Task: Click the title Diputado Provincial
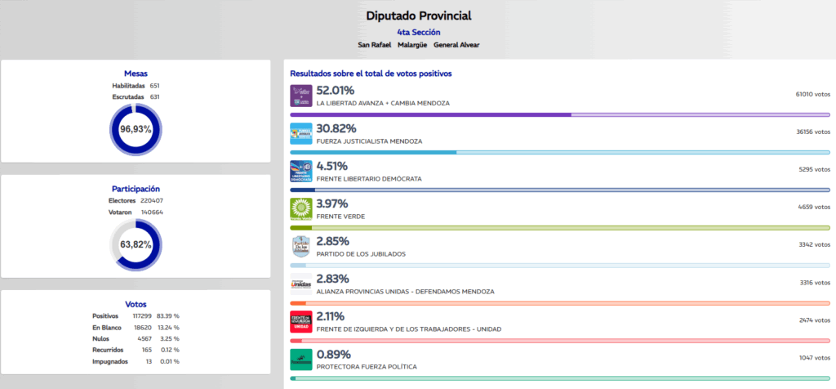point(418,16)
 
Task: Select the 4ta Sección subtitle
point(418,32)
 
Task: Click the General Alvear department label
point(456,44)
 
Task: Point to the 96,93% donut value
point(136,129)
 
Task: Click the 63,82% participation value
point(136,244)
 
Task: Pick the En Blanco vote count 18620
point(141,328)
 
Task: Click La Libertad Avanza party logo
point(301,96)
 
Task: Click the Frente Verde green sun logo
point(301,209)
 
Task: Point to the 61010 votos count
point(812,95)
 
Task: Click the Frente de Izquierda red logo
point(301,322)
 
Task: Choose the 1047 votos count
point(814,358)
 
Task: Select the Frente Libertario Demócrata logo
point(301,172)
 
